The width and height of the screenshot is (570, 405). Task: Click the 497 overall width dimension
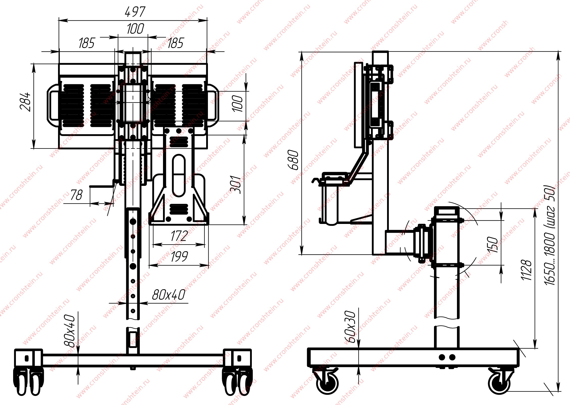coord(135,12)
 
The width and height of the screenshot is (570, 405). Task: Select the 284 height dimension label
coord(25,102)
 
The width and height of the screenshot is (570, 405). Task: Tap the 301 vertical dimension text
coord(236,184)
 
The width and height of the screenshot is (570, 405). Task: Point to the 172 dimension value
coord(179,236)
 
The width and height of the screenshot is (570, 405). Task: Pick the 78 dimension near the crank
coord(76,195)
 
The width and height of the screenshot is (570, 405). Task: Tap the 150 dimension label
coord(493,244)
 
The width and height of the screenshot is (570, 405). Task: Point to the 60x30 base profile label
coord(350,327)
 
